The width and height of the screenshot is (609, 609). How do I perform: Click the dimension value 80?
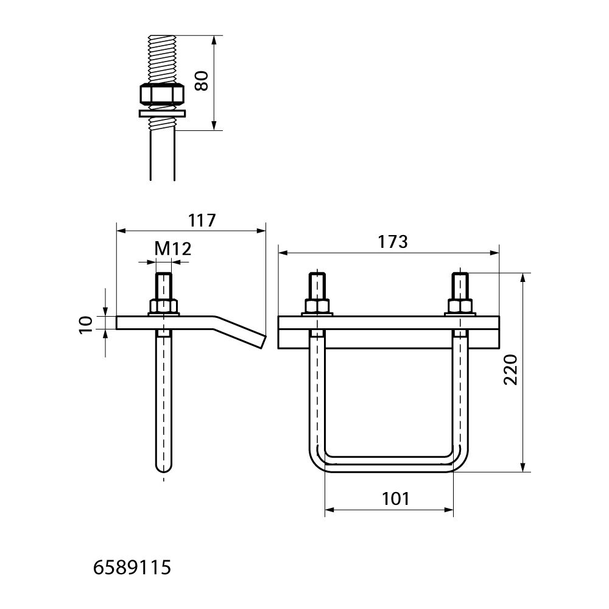[202, 81]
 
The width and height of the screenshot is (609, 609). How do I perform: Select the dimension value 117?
[202, 220]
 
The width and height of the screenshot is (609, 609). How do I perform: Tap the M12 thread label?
[173, 248]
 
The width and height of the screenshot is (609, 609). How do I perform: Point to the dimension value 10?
[86, 324]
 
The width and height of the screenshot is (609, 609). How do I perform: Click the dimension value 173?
[393, 242]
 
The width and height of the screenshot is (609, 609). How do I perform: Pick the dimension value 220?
[510, 370]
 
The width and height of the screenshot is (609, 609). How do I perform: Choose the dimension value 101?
[395, 499]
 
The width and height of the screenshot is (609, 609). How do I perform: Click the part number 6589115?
[132, 568]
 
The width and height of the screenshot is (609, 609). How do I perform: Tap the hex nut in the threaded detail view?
[161, 94]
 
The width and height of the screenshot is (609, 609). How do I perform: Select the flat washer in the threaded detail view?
[163, 113]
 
